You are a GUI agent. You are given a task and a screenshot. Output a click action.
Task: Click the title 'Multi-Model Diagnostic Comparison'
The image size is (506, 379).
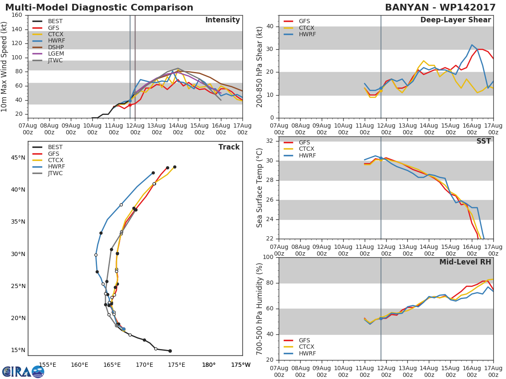[99, 8]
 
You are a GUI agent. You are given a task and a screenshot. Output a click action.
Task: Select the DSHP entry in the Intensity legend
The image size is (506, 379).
[56, 47]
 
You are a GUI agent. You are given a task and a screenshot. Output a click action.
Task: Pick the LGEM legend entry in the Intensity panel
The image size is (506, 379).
[56, 54]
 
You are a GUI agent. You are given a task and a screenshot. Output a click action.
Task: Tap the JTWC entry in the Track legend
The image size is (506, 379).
[56, 173]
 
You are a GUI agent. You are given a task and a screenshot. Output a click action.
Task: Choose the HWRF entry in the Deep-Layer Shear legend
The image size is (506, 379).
[307, 34]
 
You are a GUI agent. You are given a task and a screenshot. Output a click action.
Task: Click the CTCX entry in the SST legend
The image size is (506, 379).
[307, 149]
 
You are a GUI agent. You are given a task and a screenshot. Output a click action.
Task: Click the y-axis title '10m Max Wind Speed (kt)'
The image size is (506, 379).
[5, 67]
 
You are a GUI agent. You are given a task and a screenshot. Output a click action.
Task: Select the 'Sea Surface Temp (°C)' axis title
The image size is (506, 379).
[260, 187]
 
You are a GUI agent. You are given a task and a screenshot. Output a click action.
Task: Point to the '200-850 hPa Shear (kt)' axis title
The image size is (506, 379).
[260, 67]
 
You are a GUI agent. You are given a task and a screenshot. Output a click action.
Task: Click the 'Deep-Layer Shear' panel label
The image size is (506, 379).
[455, 20]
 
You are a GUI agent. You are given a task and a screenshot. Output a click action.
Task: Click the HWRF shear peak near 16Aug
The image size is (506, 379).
[472, 45]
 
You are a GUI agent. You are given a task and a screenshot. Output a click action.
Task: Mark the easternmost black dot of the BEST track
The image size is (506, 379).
[170, 351]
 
